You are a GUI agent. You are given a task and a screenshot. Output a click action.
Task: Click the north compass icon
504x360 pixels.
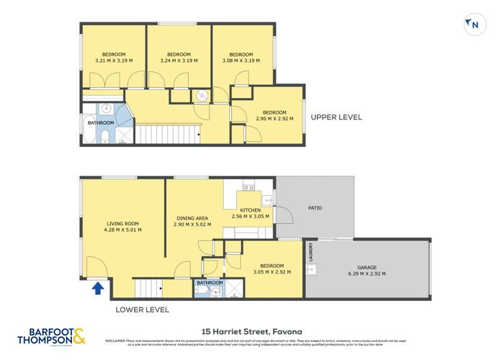(473, 24)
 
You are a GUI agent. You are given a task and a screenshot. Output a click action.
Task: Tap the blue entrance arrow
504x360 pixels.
(97, 289)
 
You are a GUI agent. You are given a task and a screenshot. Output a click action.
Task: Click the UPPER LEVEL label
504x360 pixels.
(336, 117)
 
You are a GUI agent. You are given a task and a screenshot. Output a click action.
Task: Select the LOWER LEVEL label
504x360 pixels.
(143, 310)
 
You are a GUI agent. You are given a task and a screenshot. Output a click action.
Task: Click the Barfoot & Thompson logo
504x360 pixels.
(50, 336)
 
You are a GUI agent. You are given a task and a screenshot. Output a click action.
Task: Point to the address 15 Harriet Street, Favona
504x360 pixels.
(251, 331)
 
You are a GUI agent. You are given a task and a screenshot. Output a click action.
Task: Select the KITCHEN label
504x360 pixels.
(250, 212)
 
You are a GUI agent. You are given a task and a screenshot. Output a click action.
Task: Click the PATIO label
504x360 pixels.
(315, 208)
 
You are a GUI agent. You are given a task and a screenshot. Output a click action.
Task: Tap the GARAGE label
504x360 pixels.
(367, 270)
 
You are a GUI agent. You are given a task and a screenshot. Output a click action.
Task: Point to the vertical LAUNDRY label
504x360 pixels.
(311, 251)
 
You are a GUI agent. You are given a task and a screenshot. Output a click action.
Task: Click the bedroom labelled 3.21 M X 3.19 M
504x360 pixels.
(113, 58)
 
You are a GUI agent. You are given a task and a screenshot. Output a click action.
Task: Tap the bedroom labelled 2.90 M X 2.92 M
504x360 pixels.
(274, 115)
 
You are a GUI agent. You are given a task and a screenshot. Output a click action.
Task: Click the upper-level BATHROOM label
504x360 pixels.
(101, 122)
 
